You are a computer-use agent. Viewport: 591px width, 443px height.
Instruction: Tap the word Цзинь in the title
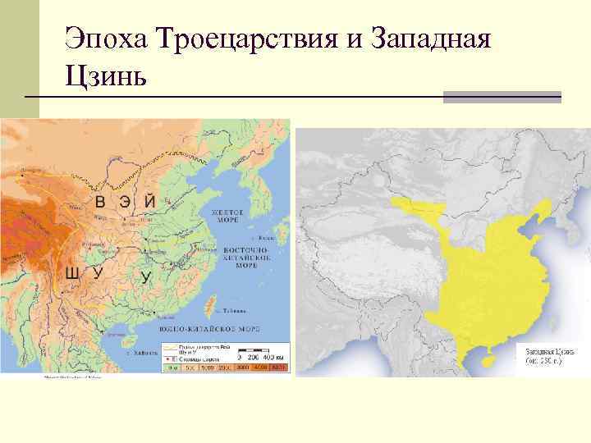point(107,77)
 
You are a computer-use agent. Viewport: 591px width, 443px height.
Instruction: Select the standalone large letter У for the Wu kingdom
point(146,276)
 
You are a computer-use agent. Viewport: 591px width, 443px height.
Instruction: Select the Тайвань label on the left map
point(235,312)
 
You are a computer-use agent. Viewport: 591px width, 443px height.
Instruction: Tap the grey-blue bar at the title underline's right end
point(502,98)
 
